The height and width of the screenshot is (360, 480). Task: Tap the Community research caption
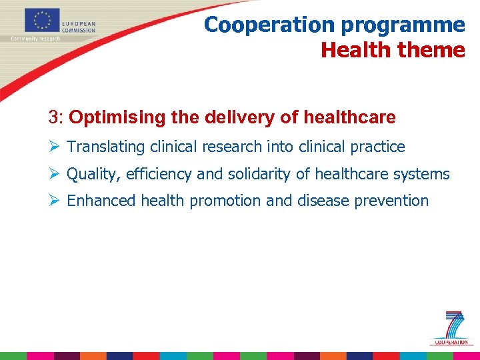[x=35, y=38]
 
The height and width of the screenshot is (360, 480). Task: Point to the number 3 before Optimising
[x=53, y=118]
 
